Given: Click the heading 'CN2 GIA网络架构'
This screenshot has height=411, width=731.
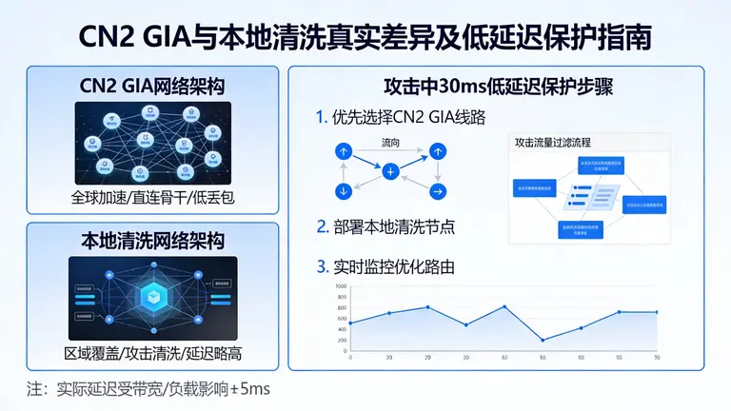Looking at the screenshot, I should (152, 87).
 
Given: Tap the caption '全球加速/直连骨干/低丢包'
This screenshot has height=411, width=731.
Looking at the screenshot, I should (152, 200).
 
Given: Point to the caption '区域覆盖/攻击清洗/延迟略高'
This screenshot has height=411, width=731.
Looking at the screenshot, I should (152, 353).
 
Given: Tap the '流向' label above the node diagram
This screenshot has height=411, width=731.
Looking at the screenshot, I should (390, 144).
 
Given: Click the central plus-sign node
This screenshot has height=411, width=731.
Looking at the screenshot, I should (390, 172).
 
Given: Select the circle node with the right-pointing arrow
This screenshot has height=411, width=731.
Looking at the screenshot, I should (438, 191).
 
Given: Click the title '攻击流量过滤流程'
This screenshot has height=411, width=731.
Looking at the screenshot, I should (553, 143).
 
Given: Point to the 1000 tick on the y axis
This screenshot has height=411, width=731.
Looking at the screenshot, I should (341, 286).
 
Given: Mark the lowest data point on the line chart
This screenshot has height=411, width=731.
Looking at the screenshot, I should (543, 340).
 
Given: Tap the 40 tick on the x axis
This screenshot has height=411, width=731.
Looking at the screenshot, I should (504, 357).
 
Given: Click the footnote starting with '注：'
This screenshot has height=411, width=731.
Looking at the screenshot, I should (148, 388).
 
